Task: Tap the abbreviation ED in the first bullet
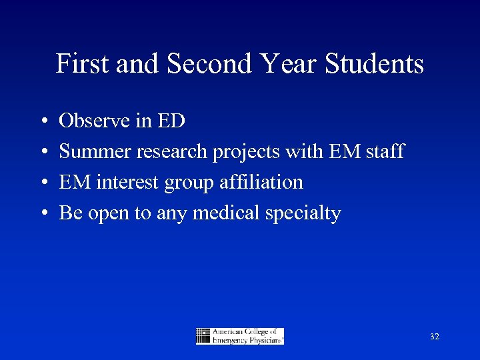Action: (x=171, y=121)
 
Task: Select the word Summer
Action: (x=95, y=151)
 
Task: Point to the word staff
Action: (x=385, y=151)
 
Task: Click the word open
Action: (x=105, y=214)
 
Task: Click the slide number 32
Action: (x=435, y=337)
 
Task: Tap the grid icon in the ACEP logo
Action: (x=203, y=336)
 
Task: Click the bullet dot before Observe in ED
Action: (x=43, y=121)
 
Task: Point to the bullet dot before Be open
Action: (x=43, y=213)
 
